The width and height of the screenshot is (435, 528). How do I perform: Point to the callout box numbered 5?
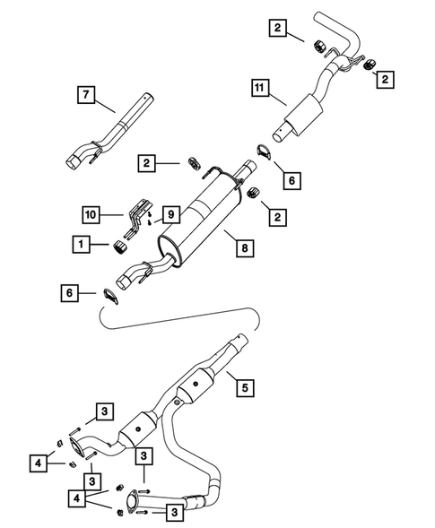coord(241,387)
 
